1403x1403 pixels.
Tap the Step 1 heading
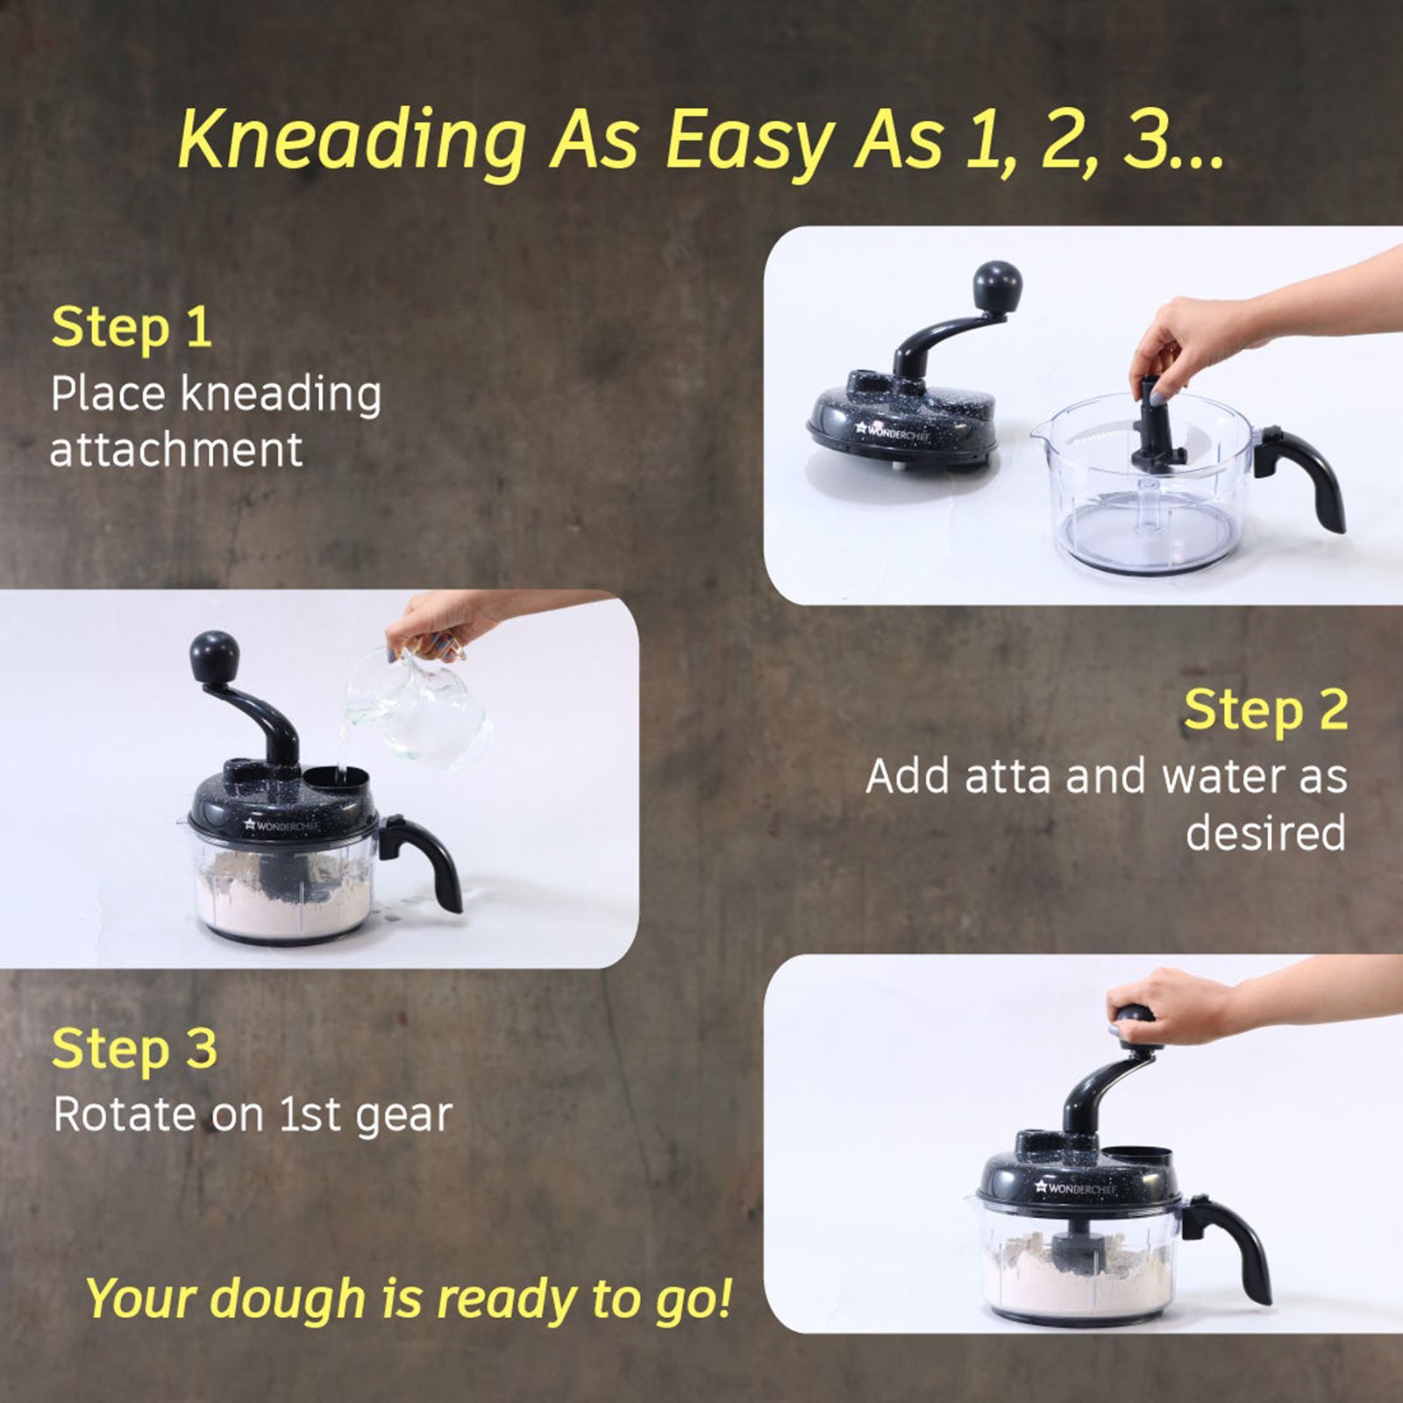[132, 328]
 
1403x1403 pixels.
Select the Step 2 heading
[1265, 709]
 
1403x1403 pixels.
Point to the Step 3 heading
[134, 1049]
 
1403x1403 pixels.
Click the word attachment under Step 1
[176, 451]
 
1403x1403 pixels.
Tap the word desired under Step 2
[1265, 833]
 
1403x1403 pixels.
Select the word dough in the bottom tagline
[288, 1300]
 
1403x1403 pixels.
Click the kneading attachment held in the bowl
[1152, 430]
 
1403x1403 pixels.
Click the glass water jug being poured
[421, 706]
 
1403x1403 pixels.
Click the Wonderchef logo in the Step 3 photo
[1075, 1189]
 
